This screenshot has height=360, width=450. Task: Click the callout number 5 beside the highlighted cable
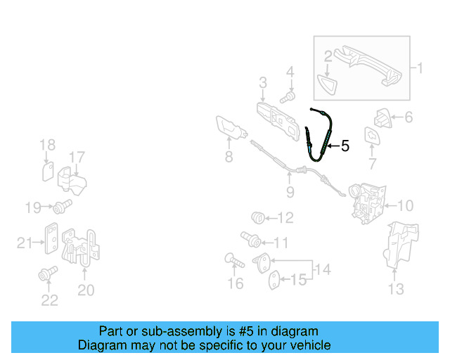tap(345, 146)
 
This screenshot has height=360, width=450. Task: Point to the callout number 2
tap(328, 55)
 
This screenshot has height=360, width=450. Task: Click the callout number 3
tap(262, 83)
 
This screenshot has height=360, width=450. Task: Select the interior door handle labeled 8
tap(231, 131)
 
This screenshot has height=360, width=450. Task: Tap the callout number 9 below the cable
tap(289, 191)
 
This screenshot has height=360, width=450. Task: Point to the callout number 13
tap(396, 288)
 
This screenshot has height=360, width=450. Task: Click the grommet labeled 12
tap(258, 217)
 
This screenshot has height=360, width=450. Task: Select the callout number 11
tap(281, 243)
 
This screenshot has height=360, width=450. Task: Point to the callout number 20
tap(85, 289)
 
